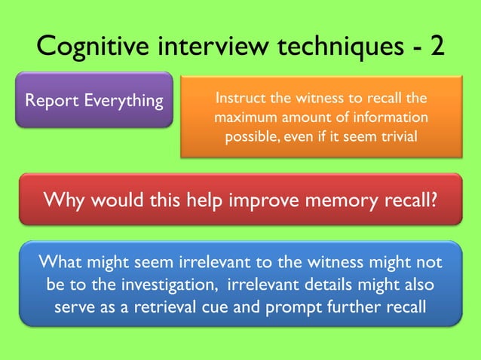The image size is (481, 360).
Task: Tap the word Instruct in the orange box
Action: (x=240, y=99)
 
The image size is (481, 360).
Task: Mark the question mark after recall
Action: (x=434, y=200)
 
